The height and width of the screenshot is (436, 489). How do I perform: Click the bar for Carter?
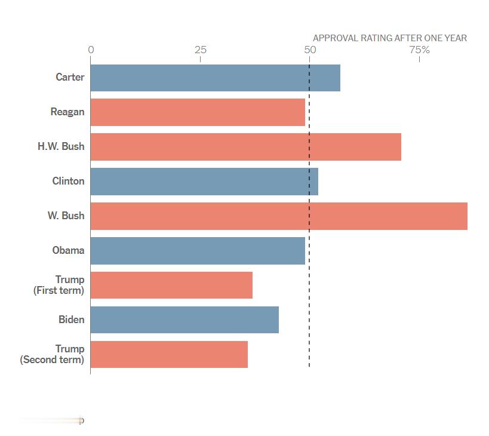point(215,78)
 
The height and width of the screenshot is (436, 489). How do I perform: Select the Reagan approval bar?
point(198,112)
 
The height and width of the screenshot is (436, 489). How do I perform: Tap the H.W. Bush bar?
point(245,147)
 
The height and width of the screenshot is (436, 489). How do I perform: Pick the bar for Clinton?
point(204,182)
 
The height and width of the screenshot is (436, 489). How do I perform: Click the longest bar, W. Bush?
point(279,216)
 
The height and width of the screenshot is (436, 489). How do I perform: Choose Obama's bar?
point(198,251)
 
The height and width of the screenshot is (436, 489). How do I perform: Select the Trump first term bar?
point(171,285)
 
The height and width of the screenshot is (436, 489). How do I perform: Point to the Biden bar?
point(184,320)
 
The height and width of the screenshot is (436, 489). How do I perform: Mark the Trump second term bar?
point(169,355)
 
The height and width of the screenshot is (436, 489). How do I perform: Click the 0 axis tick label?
point(91,50)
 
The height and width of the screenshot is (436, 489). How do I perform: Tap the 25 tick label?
point(201,50)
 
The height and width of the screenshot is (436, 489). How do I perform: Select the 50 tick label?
point(310,50)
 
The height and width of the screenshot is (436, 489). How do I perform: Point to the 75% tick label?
point(419,50)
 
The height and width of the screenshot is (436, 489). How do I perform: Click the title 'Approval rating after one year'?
point(390,38)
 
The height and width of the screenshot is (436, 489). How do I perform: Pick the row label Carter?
point(70,78)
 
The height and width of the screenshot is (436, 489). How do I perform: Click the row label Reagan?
point(67,112)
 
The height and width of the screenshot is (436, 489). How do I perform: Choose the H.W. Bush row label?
point(61,147)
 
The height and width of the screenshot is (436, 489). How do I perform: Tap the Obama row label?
point(68,251)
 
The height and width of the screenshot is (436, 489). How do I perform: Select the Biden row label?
point(71,320)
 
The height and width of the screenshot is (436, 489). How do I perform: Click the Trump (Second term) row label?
point(53,355)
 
